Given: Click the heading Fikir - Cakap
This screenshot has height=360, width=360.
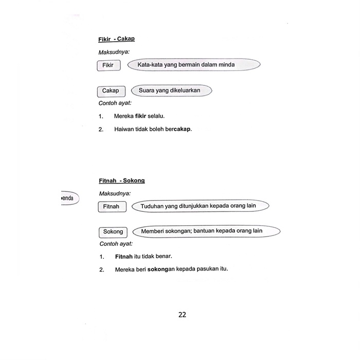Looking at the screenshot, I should pyautogui.click(x=116, y=39).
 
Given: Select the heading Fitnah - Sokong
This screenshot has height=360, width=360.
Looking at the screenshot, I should pyautogui.click(x=121, y=181).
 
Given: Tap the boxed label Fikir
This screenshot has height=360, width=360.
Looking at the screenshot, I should pyautogui.click(x=108, y=65).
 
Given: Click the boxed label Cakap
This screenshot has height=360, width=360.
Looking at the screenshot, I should pyautogui.click(x=111, y=91).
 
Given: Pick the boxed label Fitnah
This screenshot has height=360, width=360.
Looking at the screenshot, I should pyautogui.click(x=111, y=207).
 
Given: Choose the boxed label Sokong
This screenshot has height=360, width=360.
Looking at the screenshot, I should pyautogui.click(x=113, y=231).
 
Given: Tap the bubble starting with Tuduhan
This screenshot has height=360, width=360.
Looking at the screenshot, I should pyautogui.click(x=201, y=206).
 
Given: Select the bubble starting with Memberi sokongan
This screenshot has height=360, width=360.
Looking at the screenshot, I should pyautogui.click(x=206, y=231).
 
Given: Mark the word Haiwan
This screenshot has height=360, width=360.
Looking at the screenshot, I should pyautogui.click(x=124, y=129).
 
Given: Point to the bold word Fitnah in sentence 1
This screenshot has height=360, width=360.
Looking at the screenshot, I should pyautogui.click(x=123, y=256).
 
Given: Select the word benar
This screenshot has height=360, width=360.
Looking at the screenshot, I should pyautogui.click(x=163, y=256).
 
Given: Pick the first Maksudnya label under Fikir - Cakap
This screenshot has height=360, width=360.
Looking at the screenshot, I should pyautogui.click(x=114, y=52).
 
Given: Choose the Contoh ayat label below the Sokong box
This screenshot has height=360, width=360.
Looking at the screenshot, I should pyautogui.click(x=116, y=244).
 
